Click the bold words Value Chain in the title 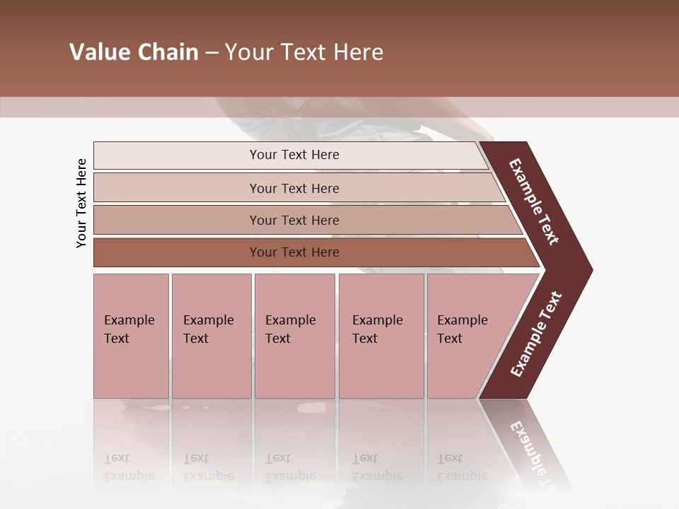pos(134,52)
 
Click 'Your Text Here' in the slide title pos(304,52)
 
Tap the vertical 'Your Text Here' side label pos(81,203)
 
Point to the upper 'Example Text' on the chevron pos(534,201)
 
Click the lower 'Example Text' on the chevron pos(535,334)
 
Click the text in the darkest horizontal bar pos(294,252)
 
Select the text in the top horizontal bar pos(294,155)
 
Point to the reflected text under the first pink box pos(129,468)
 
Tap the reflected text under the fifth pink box pos(462,468)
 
